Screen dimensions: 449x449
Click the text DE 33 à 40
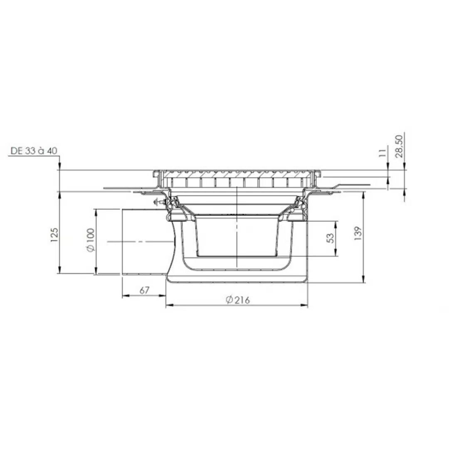pos(34,150)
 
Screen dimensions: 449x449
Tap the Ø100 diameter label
pos(91,240)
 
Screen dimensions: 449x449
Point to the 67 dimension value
pos(144,290)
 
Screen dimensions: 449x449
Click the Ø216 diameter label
pos(237,300)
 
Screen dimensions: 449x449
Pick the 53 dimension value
pos(330,238)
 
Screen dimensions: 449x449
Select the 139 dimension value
pos(358,233)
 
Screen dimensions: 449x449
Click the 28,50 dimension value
pos(399,146)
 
